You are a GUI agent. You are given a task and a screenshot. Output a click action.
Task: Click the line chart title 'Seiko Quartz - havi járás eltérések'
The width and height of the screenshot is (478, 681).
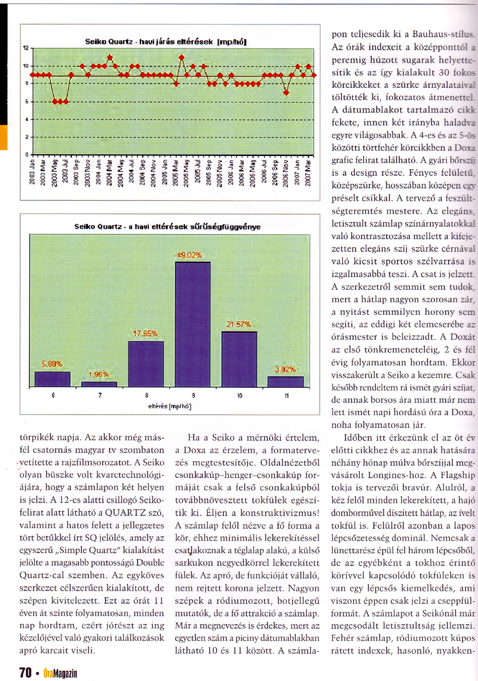(166, 42)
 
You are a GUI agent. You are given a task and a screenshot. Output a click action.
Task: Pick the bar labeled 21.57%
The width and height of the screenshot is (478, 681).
(239, 358)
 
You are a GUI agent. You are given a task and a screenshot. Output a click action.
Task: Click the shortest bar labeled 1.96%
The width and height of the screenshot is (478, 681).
(99, 384)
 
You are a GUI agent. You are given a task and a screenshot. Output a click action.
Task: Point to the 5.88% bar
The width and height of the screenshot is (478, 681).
(53, 379)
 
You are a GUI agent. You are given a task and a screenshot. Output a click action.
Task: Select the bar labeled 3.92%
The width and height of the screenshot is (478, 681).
(286, 381)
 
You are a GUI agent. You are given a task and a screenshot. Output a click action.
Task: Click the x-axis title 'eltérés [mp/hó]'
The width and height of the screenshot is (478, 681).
(170, 406)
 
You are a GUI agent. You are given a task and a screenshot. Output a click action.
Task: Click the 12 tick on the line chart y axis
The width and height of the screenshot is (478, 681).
(26, 47)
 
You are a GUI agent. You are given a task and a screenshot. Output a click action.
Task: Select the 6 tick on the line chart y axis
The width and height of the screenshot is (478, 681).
(26, 102)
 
